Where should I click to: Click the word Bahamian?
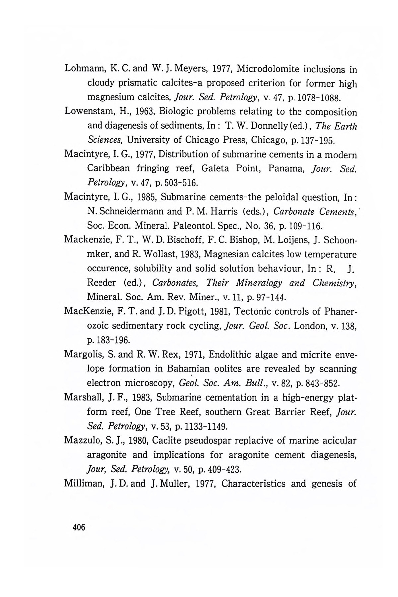tap(188, 369)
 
